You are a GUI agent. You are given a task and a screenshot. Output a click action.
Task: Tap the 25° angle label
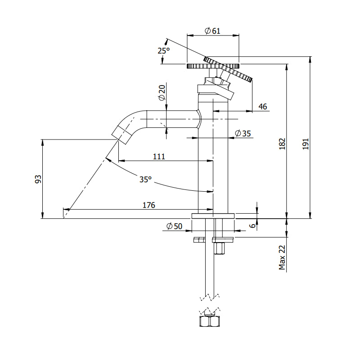(164, 51)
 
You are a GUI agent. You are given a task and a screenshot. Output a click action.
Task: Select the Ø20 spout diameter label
(162, 93)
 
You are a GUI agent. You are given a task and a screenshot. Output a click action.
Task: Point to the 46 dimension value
(263, 107)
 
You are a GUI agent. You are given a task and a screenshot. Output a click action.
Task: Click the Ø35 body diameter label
(243, 133)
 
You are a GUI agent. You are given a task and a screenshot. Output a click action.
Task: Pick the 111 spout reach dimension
(159, 156)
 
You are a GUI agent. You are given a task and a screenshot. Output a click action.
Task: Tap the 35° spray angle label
(145, 179)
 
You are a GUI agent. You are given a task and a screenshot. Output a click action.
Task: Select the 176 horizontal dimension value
(148, 205)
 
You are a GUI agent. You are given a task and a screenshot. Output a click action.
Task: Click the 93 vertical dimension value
(38, 179)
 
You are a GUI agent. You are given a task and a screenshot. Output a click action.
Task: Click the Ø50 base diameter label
(174, 226)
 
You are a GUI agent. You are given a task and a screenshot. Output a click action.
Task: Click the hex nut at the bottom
(209, 321)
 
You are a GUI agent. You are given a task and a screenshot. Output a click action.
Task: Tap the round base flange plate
(213, 216)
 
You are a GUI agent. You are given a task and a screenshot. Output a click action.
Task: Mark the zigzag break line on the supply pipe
(209, 297)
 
